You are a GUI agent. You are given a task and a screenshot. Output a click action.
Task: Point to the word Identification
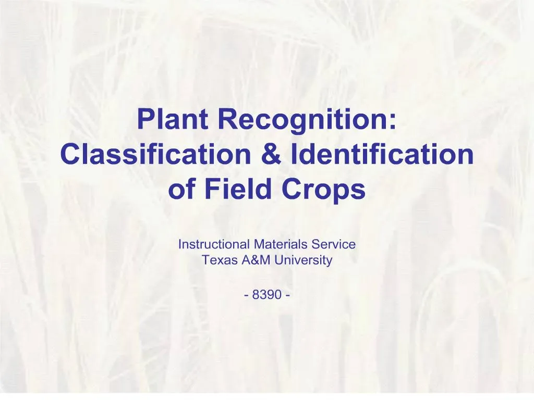pos(383,154)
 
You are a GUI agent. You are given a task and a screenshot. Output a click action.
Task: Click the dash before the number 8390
pos(246,295)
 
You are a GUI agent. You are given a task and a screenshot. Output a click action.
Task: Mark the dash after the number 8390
pos(288,295)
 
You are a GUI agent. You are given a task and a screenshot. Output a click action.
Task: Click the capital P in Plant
pos(145,119)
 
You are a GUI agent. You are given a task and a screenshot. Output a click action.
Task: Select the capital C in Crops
pos(294,190)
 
